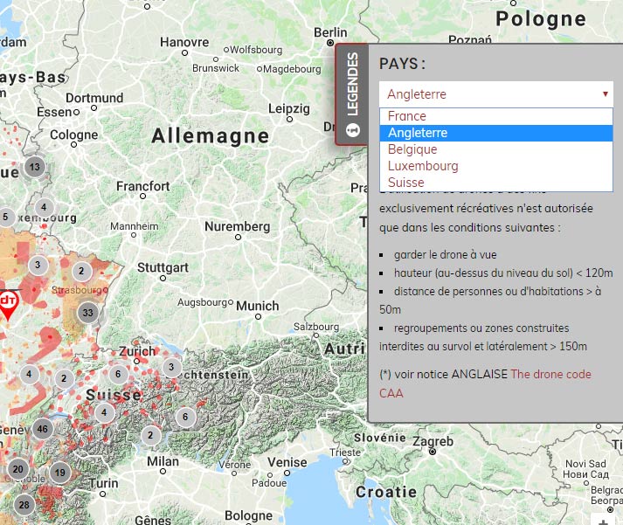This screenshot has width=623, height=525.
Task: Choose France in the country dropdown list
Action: click(x=407, y=116)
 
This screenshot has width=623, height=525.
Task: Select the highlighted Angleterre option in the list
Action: click(x=418, y=133)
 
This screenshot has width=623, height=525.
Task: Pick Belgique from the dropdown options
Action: click(x=412, y=149)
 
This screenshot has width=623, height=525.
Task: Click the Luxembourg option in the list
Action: click(x=423, y=166)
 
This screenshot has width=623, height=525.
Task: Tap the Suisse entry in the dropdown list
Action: click(x=406, y=183)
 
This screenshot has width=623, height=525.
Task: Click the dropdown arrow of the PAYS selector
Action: click(x=605, y=94)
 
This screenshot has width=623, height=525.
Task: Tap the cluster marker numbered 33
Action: click(x=87, y=313)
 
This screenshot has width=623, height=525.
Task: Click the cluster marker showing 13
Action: click(x=35, y=167)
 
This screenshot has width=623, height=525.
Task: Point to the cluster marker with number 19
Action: click(x=59, y=473)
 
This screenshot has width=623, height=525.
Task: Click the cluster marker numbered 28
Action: click(x=24, y=505)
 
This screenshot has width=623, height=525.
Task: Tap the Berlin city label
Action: click(x=329, y=32)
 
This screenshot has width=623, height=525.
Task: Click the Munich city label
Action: click(x=258, y=306)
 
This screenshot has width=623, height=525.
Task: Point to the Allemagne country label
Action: click(x=210, y=135)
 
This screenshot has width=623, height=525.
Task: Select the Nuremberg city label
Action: click(x=237, y=226)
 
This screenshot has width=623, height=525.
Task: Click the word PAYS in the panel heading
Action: click(x=400, y=64)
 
